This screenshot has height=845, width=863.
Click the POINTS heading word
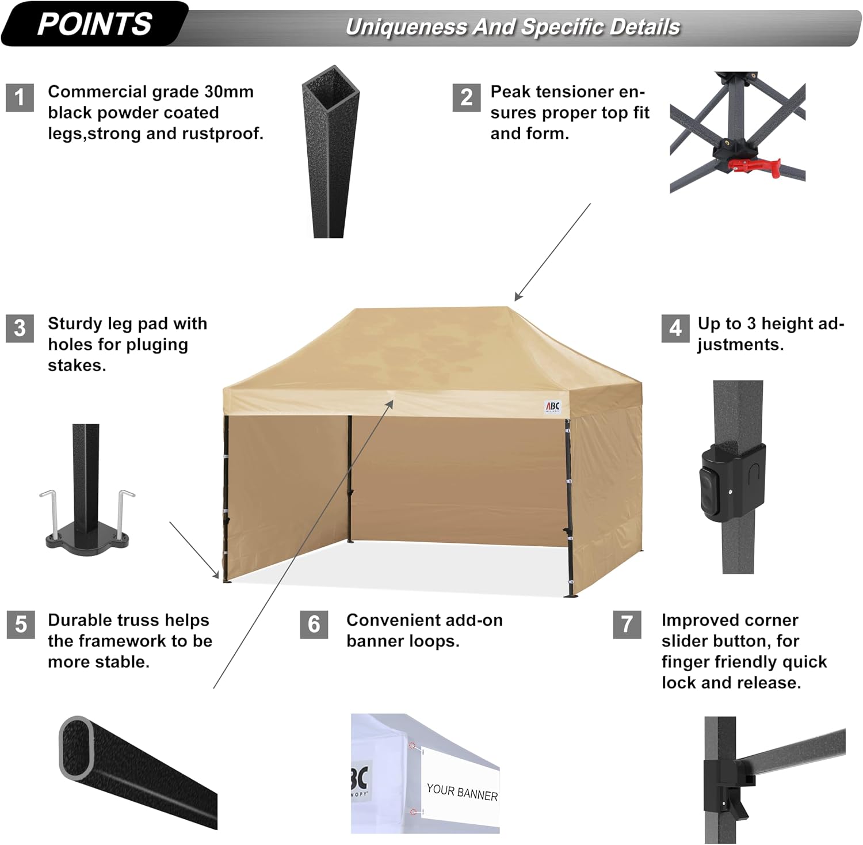tap(94, 24)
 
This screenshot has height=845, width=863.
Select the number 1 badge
tap(20, 97)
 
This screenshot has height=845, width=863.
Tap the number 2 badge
tap(467, 97)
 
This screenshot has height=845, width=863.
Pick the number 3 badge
tap(20, 328)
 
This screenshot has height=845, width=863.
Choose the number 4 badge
tap(675, 328)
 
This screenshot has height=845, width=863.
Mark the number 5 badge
tap(21, 625)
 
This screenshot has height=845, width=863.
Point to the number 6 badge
tap(314, 625)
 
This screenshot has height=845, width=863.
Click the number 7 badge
tap(627, 625)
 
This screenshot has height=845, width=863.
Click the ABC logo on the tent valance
tap(552, 407)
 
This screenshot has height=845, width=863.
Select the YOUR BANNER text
tap(462, 793)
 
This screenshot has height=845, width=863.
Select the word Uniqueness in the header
tap(406, 27)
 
